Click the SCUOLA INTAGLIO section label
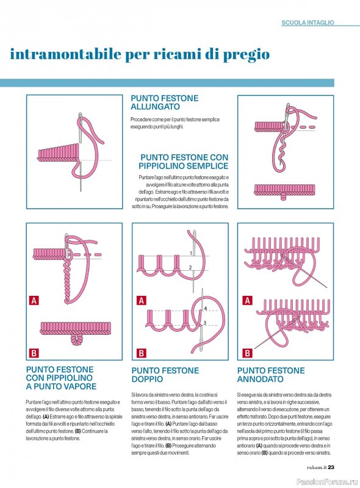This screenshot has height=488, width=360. point(308,23)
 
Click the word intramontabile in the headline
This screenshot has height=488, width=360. point(65,54)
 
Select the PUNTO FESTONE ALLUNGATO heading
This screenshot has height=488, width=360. point(164,102)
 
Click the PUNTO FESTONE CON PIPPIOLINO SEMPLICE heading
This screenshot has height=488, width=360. point(184,162)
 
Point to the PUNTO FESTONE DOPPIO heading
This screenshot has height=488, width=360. point(165,375)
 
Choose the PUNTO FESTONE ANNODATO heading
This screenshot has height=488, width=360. point(271,375)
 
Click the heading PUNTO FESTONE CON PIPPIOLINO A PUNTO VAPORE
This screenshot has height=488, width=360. point(61,378)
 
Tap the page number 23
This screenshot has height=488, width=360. point(331,467)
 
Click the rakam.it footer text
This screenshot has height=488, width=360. point(317,467)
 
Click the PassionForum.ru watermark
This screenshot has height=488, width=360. point(327,482)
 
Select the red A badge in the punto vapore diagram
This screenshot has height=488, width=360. point(34,301)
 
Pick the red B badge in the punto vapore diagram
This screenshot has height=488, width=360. point(34,353)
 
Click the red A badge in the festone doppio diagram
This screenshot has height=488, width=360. point(142,301)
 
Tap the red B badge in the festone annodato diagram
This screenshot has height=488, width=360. point(247,353)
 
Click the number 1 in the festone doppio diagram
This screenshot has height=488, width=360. point(191,253)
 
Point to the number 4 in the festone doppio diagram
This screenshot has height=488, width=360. point(205,309)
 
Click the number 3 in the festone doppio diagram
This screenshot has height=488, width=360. point(204,323)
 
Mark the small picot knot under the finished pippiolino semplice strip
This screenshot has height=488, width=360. point(283,197)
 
